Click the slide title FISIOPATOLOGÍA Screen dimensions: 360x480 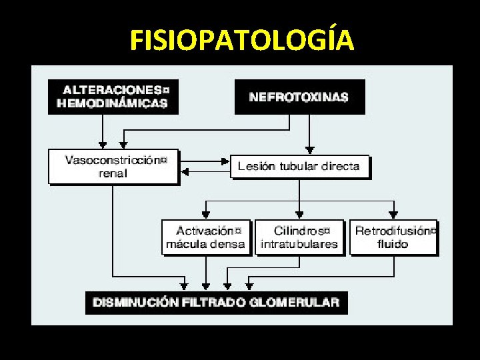pos(242,41)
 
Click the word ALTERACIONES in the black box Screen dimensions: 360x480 pos(111,89)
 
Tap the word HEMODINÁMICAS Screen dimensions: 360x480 pos(113,103)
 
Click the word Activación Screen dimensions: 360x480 pos(205,231)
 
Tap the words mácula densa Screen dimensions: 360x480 pos(205,244)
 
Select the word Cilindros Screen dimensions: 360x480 pos(298,231)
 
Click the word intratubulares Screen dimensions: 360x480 pos(299,244)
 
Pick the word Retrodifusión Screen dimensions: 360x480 pos(393,231)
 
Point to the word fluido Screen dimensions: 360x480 pos(393,244)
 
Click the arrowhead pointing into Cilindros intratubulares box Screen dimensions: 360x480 pos(299,215)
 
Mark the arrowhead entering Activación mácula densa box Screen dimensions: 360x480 pos(206,215)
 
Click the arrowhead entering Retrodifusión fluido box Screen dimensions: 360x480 pos(393,215)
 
